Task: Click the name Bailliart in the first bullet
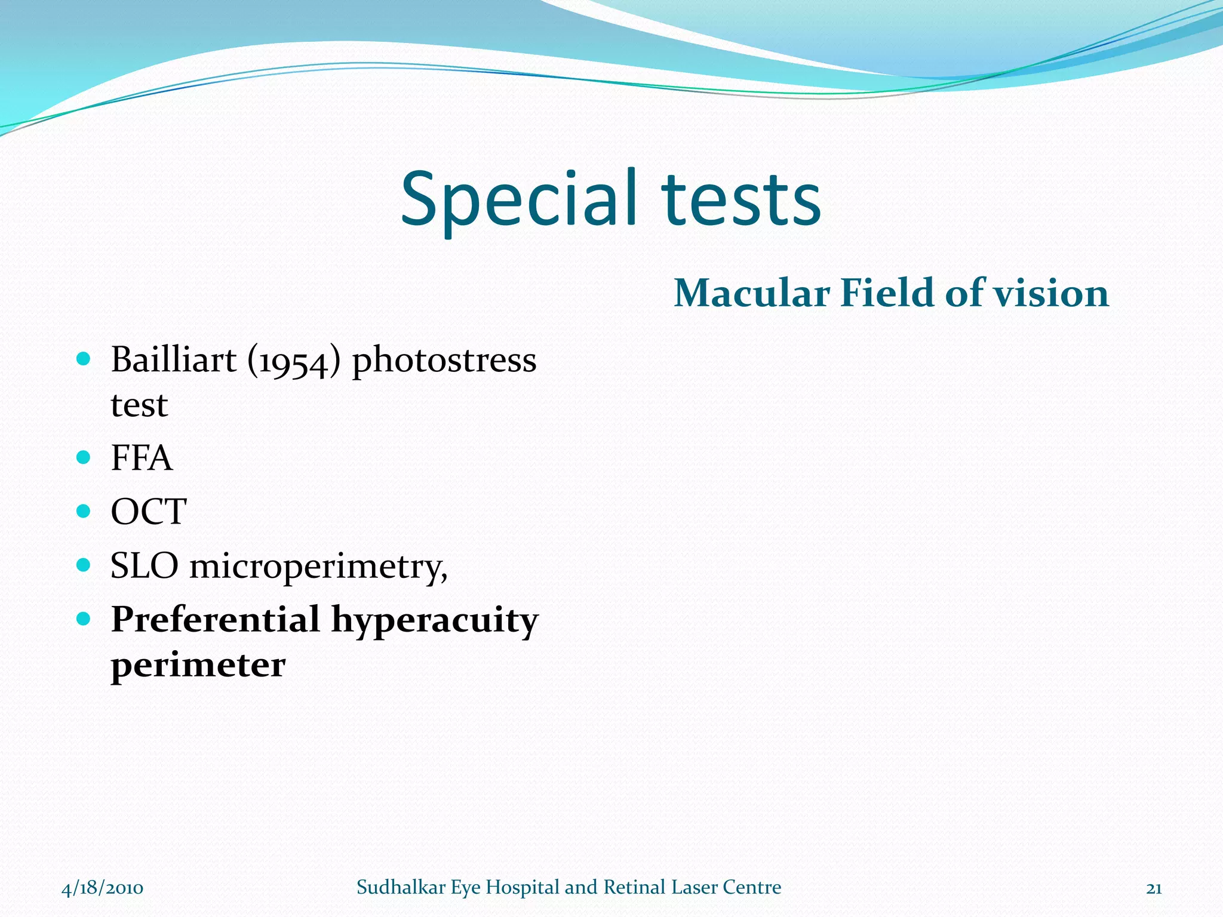[174, 360]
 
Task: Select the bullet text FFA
[142, 458]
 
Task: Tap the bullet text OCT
[148, 512]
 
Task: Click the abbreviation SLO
[144, 565]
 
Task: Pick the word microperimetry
[318, 567]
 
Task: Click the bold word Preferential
[216, 620]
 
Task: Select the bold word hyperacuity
[435, 621]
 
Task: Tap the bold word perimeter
[198, 666]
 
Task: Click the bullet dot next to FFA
[84, 458]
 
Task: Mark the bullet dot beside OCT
[84, 511]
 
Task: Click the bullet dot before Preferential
[84, 618]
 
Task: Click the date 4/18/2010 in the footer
[102, 888]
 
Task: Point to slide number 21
[1154, 888]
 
